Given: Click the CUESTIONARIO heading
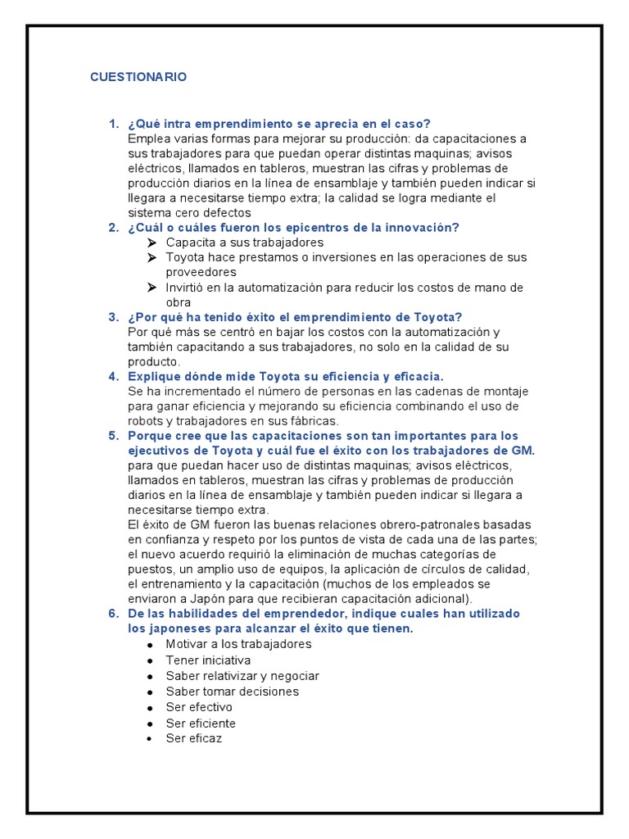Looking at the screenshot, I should (x=138, y=77).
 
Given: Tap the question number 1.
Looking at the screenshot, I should (x=113, y=124).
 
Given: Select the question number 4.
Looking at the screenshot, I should (x=113, y=376).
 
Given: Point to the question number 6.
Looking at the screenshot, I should (x=113, y=614).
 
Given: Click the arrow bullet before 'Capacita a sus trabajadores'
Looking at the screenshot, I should (x=152, y=243).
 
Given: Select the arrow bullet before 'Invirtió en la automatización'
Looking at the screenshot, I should (x=152, y=288).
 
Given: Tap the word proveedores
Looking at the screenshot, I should (x=201, y=272).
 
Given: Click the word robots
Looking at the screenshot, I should (x=149, y=421).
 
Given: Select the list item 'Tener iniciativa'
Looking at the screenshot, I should (x=208, y=660).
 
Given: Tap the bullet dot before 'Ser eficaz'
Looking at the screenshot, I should (x=150, y=739).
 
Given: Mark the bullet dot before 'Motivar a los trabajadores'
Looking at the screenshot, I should (x=150, y=646).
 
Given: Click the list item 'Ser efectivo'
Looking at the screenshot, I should (x=198, y=707).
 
